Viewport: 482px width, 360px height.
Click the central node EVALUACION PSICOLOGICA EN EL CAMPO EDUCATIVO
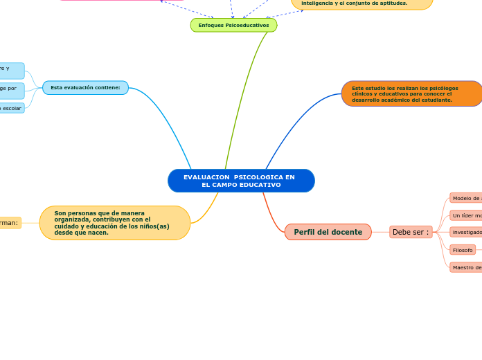tap(241, 181)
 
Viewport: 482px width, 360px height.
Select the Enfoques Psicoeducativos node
tap(233, 26)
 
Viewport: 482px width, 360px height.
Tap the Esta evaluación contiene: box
tap(85, 88)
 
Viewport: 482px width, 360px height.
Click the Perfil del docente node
tap(328, 232)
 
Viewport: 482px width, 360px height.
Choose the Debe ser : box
tap(411, 232)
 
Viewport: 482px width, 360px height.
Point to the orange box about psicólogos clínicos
tap(411, 93)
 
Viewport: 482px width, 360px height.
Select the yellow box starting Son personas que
tap(115, 223)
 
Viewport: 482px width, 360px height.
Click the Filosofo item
tap(463, 250)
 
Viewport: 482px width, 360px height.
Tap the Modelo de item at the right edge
tap(466, 198)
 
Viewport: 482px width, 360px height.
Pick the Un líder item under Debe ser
tap(466, 215)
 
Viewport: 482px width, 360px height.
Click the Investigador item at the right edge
tap(466, 233)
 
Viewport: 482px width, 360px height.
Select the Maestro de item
tap(466, 267)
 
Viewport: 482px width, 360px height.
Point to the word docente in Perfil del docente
tap(346, 232)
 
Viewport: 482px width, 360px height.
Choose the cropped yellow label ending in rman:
tap(10, 223)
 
